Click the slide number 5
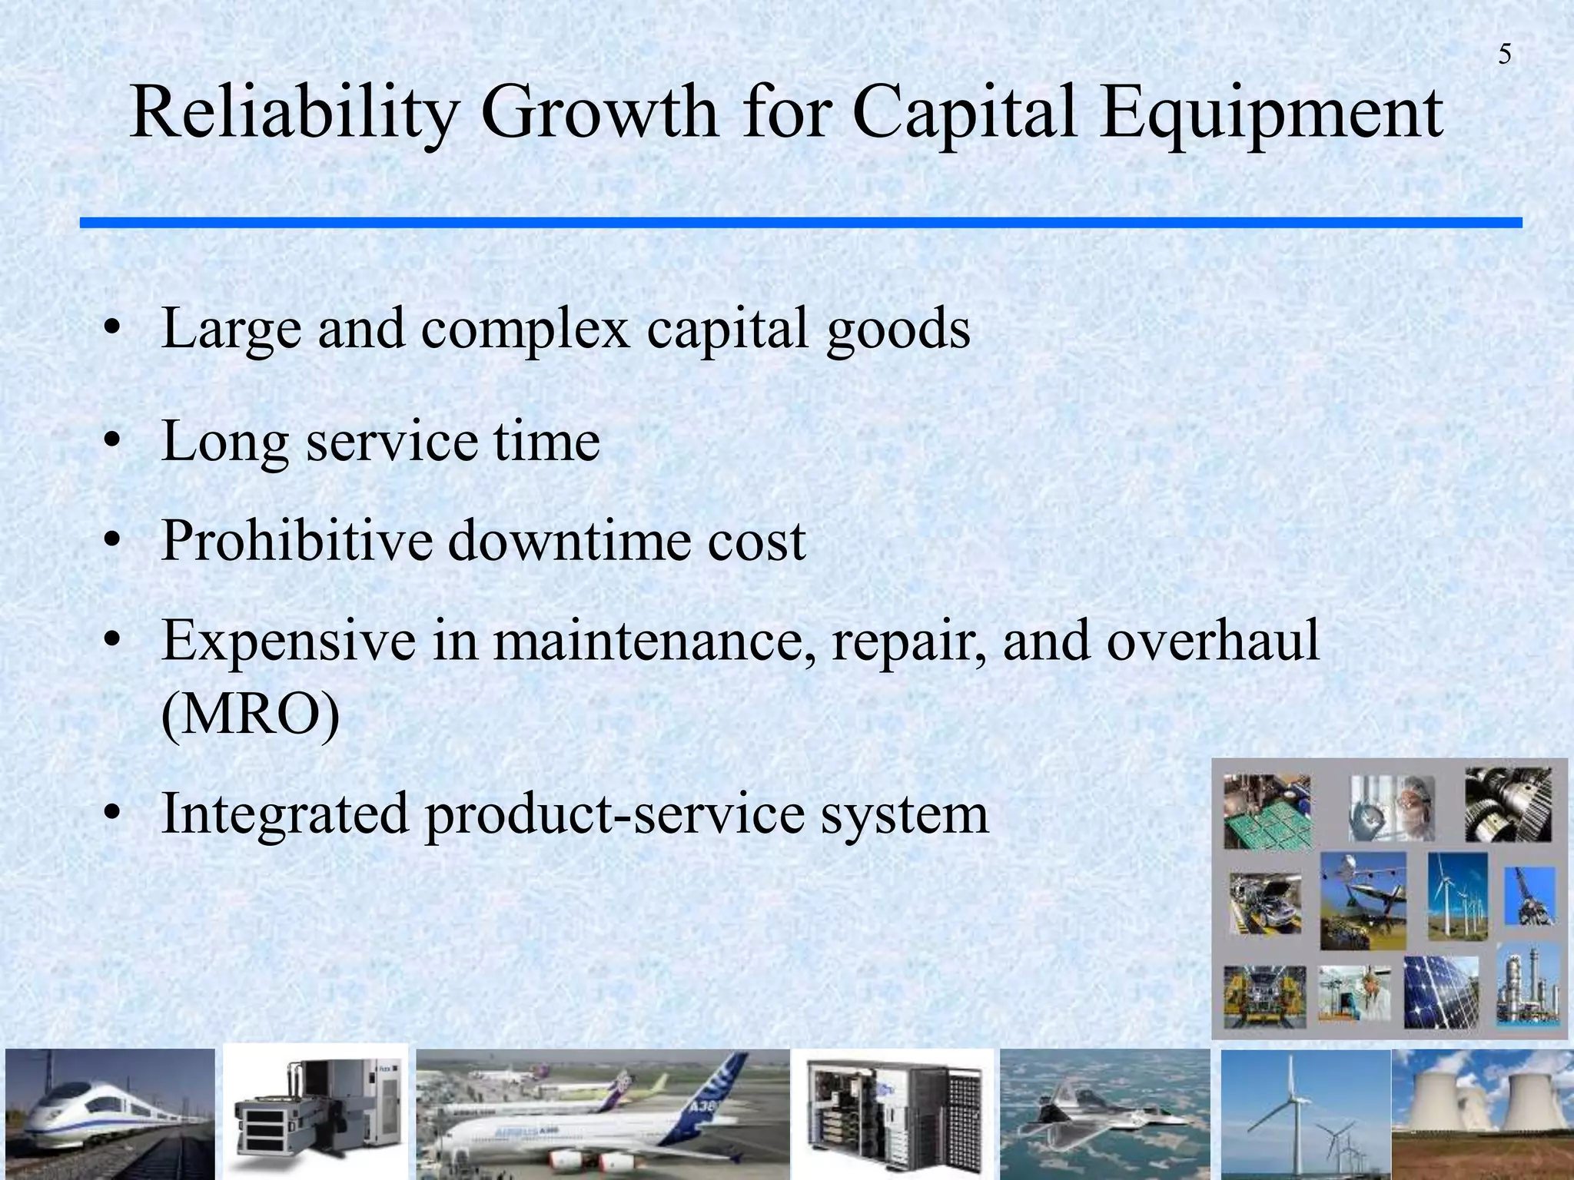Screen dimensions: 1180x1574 pyautogui.click(x=1504, y=55)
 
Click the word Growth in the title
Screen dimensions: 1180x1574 pyautogui.click(x=599, y=114)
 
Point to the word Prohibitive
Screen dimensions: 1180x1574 pyautogui.click(x=297, y=541)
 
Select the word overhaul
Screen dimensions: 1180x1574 pyautogui.click(x=1212, y=641)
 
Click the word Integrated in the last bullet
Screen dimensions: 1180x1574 pyautogui.click(x=284, y=814)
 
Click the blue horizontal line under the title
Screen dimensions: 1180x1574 pyautogui.click(x=799, y=223)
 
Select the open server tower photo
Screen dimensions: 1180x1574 pyautogui.click(x=892, y=1114)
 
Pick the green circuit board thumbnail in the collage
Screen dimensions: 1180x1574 pyautogui.click(x=1267, y=813)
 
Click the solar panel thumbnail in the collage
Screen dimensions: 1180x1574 pyautogui.click(x=1441, y=993)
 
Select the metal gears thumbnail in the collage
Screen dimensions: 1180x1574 pyautogui.click(x=1508, y=804)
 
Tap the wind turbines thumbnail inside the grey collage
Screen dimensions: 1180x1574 pyautogui.click(x=1457, y=897)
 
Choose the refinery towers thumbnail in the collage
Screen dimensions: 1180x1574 pyautogui.click(x=1528, y=987)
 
